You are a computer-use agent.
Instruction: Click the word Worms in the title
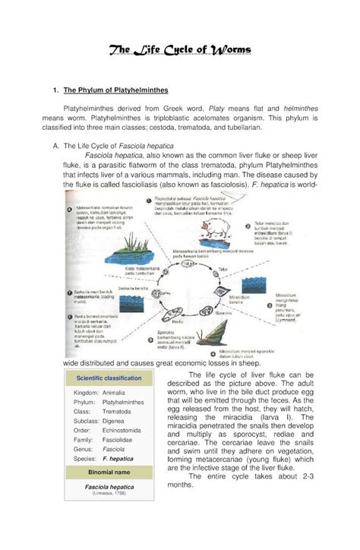[226, 51]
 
